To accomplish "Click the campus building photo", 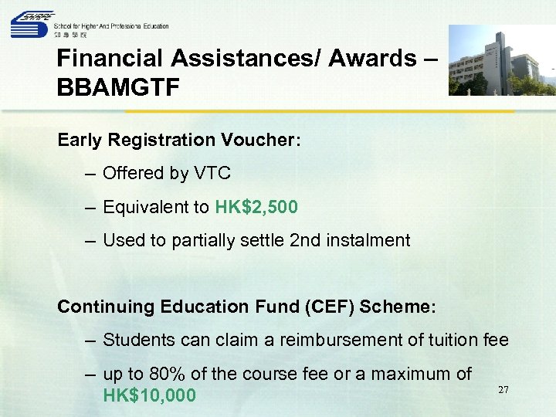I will coord(501,60).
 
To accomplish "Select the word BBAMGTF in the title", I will coord(118,87).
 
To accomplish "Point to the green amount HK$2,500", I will coord(256,207).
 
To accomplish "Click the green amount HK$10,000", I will coord(149,396).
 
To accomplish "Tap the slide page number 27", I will coord(503,390).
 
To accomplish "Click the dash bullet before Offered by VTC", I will coord(92,174).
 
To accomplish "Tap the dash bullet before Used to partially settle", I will coord(92,240).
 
